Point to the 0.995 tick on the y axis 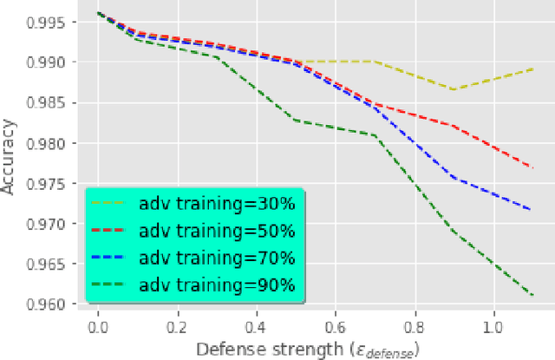pos(55,22)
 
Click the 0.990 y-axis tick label pos(55,62)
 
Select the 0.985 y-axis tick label pos(55,102)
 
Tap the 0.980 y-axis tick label pos(55,143)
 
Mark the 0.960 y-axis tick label pos(55,304)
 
